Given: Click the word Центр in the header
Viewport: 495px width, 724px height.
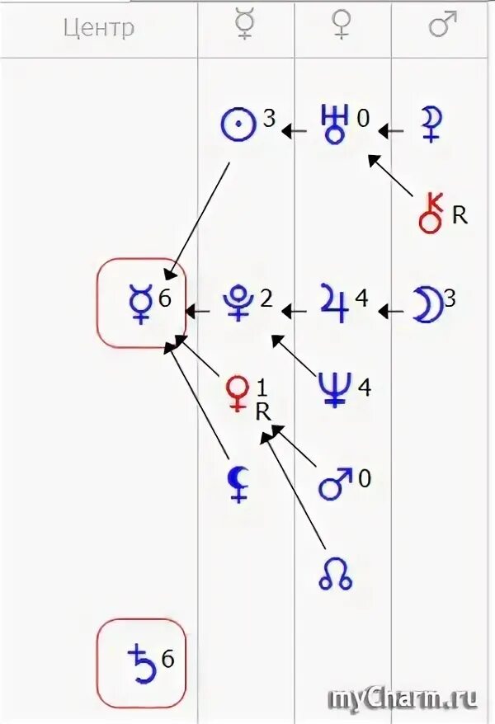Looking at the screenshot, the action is (99, 28).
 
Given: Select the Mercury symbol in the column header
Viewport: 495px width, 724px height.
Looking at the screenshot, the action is (244, 26).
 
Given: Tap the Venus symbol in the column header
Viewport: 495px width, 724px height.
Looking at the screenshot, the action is (342, 26).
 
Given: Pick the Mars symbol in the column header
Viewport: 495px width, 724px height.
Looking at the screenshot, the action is (443, 26).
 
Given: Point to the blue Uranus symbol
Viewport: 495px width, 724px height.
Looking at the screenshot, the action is (336, 126).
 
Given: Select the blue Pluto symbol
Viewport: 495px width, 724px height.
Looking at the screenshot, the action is (237, 303).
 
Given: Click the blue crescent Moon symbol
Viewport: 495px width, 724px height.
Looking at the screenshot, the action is (427, 303).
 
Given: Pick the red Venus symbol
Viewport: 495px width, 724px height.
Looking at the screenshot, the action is (238, 392).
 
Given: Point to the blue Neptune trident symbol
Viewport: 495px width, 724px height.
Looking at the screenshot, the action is (337, 388).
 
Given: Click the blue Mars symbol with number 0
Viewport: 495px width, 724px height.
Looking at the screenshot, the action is (335, 484).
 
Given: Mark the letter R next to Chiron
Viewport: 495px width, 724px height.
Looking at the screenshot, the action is (460, 216).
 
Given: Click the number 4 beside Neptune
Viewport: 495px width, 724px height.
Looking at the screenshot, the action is (364, 384).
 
